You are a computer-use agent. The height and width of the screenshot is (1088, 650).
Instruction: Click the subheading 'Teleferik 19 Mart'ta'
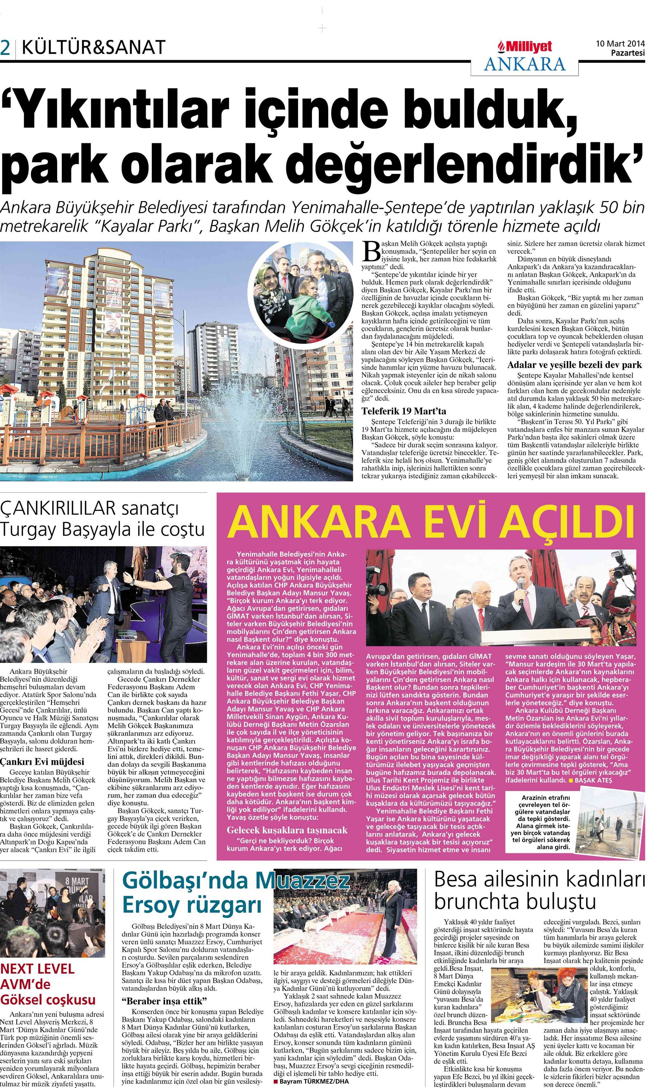coord(403,411)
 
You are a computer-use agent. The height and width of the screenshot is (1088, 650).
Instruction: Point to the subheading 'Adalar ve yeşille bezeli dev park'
coord(574,365)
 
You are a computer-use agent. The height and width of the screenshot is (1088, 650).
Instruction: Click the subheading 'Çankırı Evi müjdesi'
coord(42,761)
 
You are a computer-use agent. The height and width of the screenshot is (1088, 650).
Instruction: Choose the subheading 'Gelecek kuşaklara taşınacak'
coord(287,830)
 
